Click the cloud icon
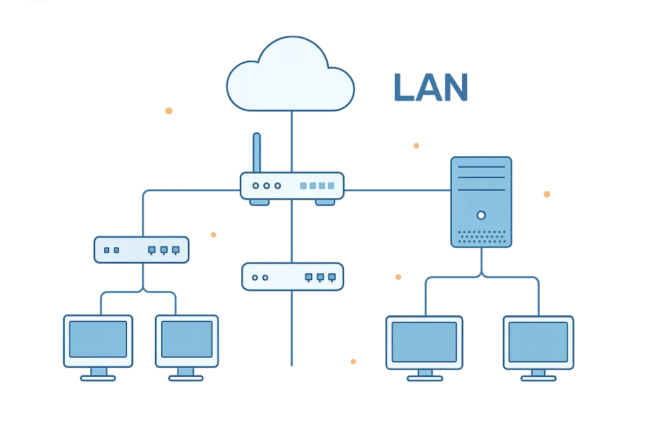pyautogui.click(x=290, y=76)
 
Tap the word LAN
pyautogui.click(x=430, y=88)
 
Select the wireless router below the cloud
pyautogui.click(x=292, y=186)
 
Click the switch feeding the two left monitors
pyautogui.click(x=141, y=250)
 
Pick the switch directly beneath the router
pyautogui.click(x=292, y=277)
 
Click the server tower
pyautogui.click(x=481, y=202)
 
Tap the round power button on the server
pyautogui.click(x=481, y=215)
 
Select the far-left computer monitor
pyautogui.click(x=98, y=340)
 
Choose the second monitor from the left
pyautogui.click(x=187, y=340)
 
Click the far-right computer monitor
pyautogui.click(x=538, y=342)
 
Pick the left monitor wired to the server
pyautogui.click(x=424, y=342)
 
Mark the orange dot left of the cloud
pyautogui.click(x=169, y=111)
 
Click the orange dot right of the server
pyautogui.click(x=547, y=194)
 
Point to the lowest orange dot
pyautogui.click(x=354, y=361)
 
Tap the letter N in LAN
pyautogui.click(x=456, y=88)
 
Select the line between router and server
pyautogui.click(x=397, y=189)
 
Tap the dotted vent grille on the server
pyautogui.click(x=481, y=236)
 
